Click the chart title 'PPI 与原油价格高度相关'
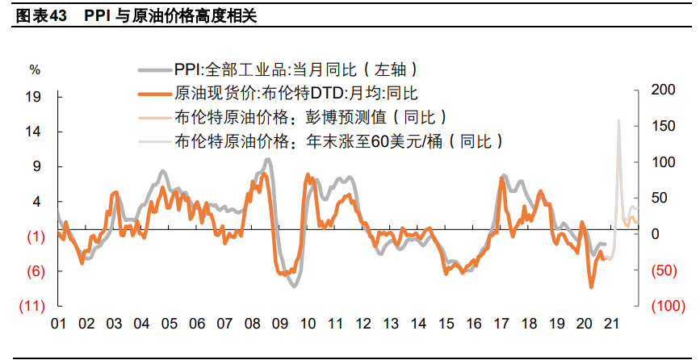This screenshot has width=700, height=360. tap(170, 16)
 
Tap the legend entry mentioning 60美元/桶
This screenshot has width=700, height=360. tap(339, 141)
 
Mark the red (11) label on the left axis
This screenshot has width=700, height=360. tap(31, 306)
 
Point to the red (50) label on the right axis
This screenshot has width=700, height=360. tap(664, 270)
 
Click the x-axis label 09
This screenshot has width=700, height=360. tap(279, 324)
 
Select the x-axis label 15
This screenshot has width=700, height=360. tap(445, 324)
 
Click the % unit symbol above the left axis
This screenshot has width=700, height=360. tap(35, 69)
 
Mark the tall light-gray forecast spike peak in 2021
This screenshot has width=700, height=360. tap(618, 120)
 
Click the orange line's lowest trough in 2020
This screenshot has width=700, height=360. tap(592, 287)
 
